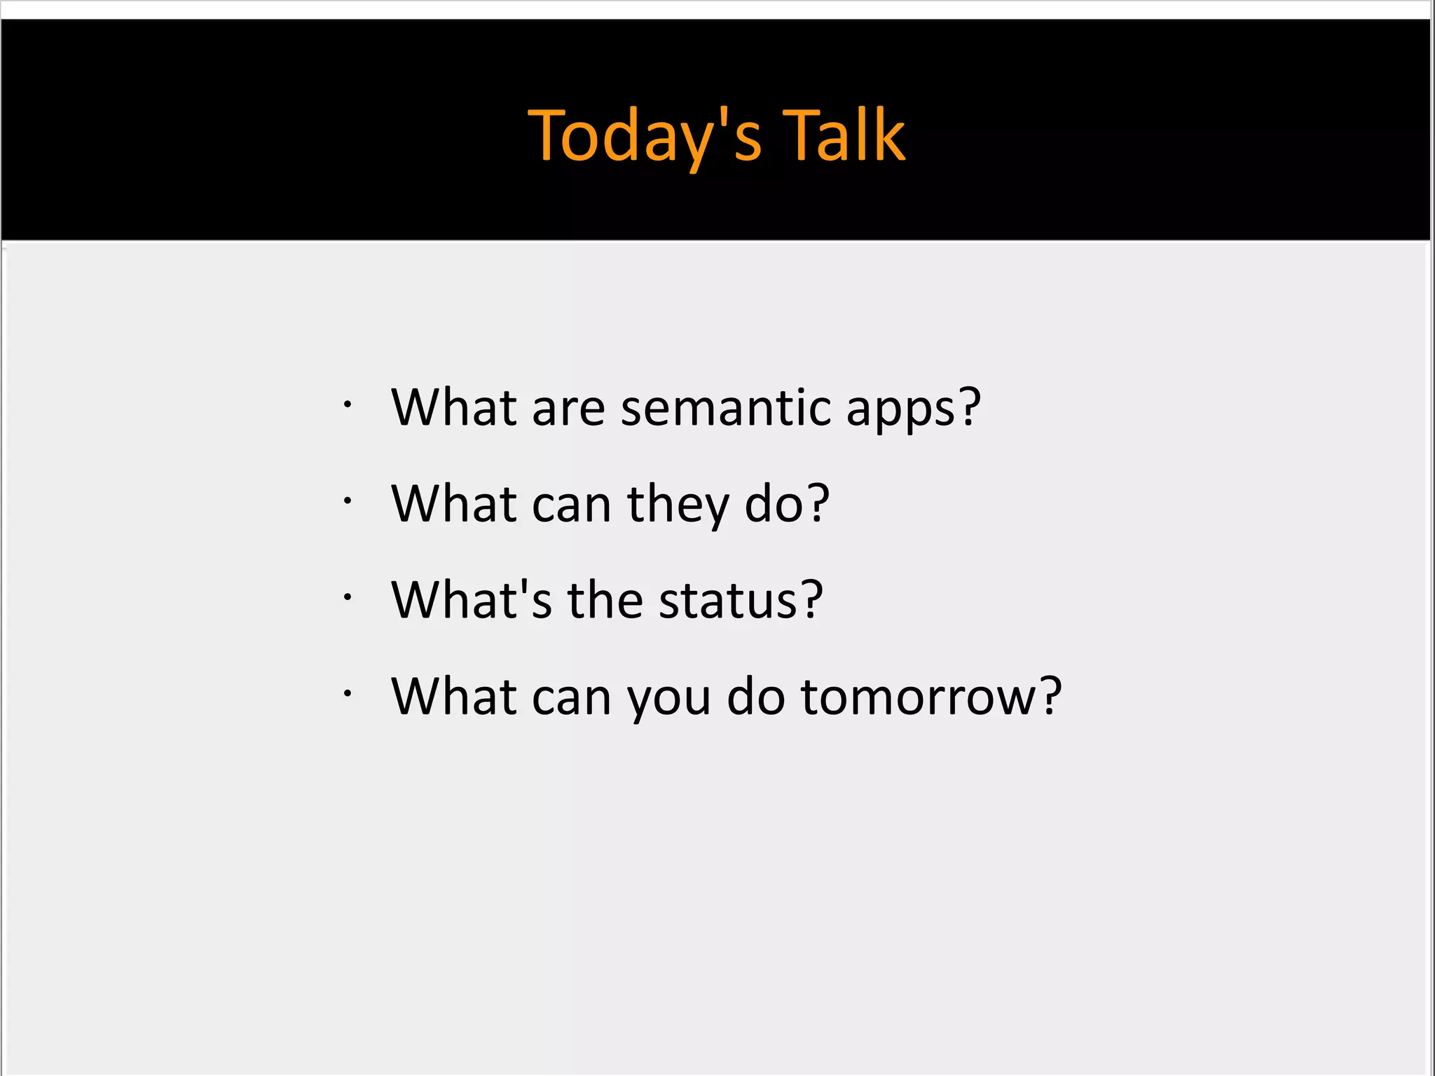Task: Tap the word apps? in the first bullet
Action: (913, 409)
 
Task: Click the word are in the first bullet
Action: (568, 409)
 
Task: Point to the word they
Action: (678, 505)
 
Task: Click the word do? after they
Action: (787, 504)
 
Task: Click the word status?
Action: (741, 601)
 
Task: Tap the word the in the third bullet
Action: (605, 600)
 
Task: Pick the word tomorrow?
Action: (931, 697)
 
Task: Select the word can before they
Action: (572, 505)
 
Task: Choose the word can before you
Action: (572, 698)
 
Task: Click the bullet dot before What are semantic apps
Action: (347, 404)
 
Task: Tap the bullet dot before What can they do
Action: (347, 500)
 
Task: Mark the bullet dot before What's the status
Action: (347, 597)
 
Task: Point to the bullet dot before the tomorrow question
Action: (347, 693)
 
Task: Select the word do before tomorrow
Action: (756, 697)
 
